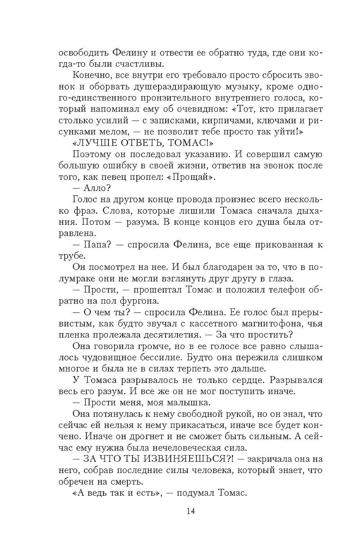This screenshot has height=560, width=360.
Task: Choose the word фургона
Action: coord(142,301)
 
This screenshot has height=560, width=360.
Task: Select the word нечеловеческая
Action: coord(171,448)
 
